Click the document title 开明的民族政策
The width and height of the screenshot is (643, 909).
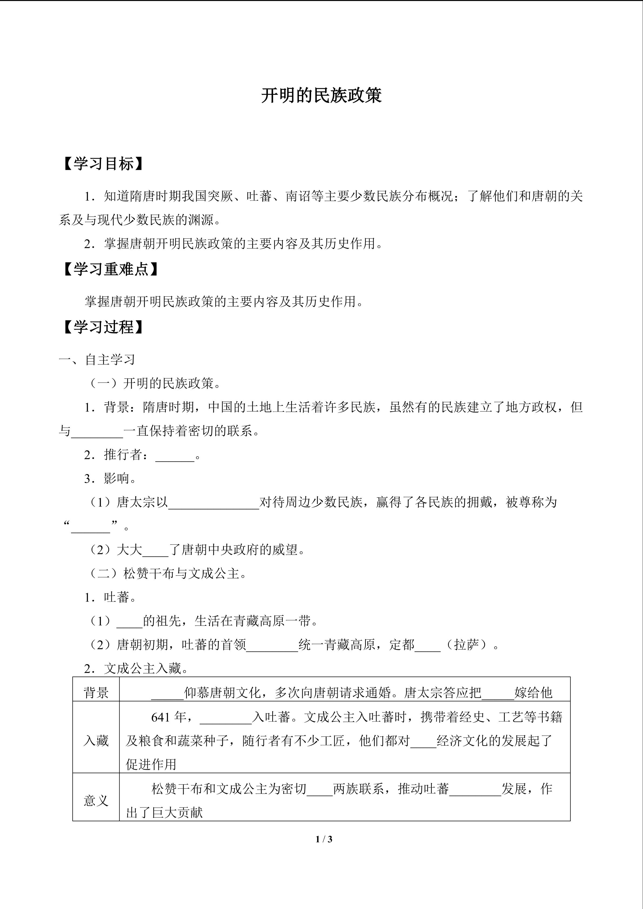click(x=321, y=96)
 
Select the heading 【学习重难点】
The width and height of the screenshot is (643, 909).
click(x=110, y=269)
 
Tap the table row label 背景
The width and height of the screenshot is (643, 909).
click(x=96, y=692)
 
